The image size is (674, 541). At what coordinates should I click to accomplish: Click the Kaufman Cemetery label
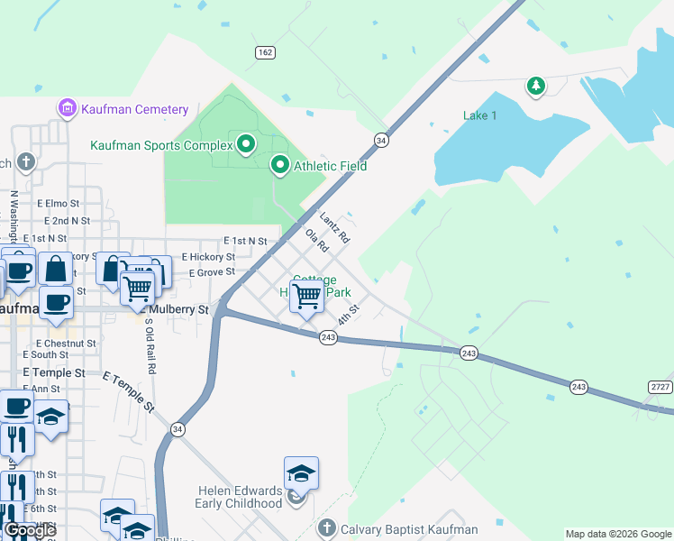point(134,110)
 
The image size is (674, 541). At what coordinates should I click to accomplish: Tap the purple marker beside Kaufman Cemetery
point(67,109)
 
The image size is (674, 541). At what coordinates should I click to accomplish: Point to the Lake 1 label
point(479,115)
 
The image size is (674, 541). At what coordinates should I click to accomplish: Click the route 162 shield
point(265,52)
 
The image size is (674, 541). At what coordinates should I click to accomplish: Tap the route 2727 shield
point(659,387)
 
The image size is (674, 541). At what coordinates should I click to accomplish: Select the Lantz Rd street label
point(334,227)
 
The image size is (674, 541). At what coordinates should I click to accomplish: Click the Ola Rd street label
point(316,242)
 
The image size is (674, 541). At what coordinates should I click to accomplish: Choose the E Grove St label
point(208,271)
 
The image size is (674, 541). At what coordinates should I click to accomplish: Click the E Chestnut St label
point(66,344)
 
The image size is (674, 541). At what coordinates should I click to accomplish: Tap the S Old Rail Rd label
point(150,345)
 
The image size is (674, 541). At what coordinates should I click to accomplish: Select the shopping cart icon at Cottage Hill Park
point(307,295)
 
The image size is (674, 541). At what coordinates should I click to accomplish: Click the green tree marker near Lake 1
point(536,87)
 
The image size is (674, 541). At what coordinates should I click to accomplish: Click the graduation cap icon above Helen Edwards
point(301,472)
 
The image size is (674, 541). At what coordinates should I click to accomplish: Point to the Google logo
point(30,531)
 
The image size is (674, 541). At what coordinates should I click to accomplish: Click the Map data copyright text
point(618,534)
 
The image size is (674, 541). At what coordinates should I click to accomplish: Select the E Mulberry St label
point(176,309)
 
